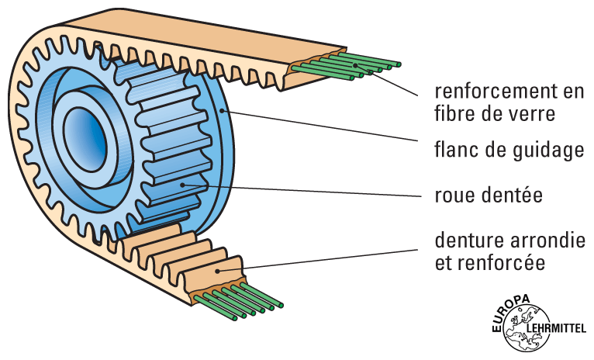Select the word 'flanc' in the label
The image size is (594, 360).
coord(454,151)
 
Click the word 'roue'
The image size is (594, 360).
coord(454,195)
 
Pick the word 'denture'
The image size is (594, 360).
coord(464,240)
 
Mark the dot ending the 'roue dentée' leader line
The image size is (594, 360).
coord(182,184)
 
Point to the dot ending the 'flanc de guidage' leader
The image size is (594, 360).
coord(225,112)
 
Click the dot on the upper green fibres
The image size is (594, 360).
coord(357,65)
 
